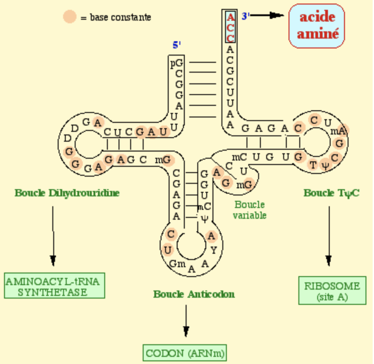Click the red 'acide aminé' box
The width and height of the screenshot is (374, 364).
point(317,26)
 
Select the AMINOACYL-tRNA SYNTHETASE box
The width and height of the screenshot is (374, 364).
point(55,286)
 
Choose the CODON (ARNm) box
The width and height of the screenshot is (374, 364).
point(185,352)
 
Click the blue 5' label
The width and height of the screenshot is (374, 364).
point(177,45)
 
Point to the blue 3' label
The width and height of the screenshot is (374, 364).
point(246,16)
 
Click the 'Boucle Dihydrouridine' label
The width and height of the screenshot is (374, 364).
point(67,193)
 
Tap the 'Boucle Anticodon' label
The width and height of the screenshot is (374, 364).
point(194,294)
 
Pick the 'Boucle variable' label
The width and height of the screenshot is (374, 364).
point(250,210)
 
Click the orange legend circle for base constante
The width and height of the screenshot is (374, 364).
point(70,17)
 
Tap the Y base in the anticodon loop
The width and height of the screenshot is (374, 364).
point(213,250)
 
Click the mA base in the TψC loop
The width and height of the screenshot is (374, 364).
point(338,131)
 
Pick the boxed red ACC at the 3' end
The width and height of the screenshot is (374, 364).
point(230,27)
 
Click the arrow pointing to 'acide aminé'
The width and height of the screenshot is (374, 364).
point(270,16)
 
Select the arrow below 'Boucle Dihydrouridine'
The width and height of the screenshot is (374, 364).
point(53,235)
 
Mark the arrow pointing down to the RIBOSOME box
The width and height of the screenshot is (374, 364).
point(329,235)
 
